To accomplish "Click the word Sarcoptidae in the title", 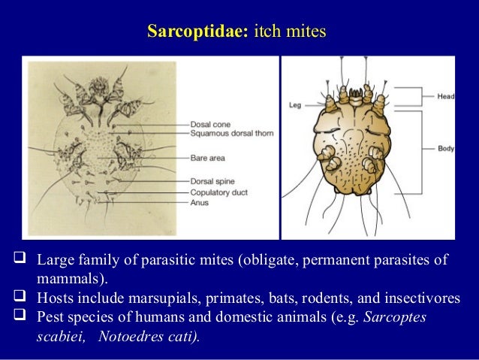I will (197, 32).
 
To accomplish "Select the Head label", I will (446, 96).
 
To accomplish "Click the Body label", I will (446, 149).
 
